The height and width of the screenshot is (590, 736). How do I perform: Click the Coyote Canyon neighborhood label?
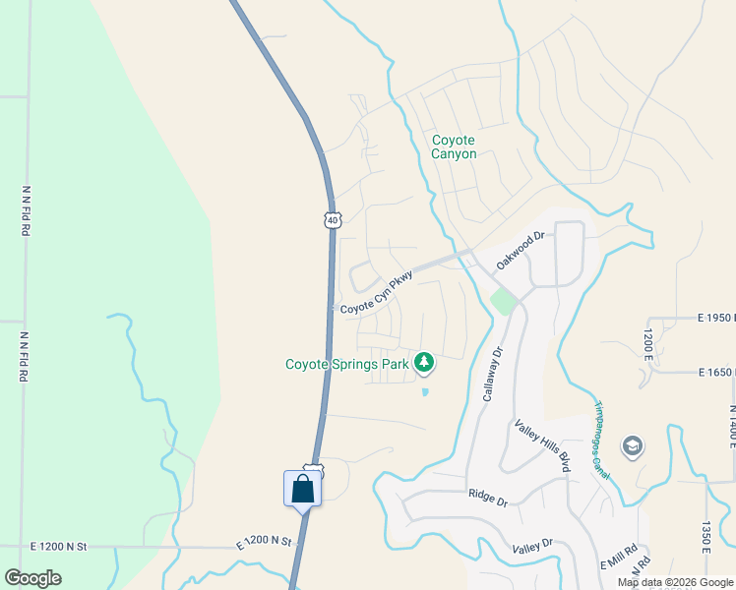coord(454,147)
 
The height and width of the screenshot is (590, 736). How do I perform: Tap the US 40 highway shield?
coord(334,220)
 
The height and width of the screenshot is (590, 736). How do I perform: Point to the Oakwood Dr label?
coord(521,251)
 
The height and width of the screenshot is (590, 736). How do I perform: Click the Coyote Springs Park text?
coord(346,364)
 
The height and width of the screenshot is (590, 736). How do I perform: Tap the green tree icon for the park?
coord(424,364)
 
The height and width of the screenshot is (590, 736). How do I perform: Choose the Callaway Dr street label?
coord(492,372)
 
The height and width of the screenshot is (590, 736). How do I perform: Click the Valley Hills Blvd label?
coord(543,445)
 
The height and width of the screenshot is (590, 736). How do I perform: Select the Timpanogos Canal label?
coord(601,440)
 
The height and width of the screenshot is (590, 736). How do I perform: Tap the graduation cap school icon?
coord(633,447)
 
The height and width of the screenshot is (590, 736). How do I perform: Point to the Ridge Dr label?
coord(487,500)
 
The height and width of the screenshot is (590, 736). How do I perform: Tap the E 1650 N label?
coord(716,373)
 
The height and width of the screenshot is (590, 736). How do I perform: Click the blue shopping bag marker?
coord(303,489)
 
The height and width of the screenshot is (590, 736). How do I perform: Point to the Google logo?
coord(32,578)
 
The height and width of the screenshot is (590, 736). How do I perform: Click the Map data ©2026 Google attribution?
coord(675,582)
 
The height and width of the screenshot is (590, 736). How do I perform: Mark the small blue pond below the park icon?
coord(425,391)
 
